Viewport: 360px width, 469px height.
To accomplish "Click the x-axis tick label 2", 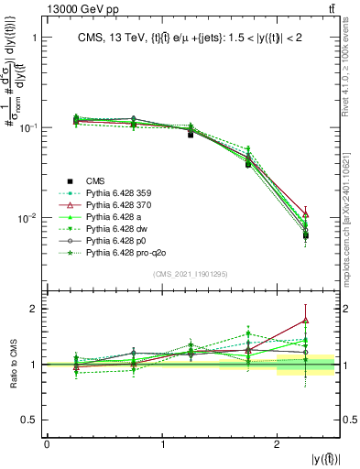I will click(x=278, y=444).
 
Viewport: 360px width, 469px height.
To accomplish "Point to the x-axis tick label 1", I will click(x=162, y=444).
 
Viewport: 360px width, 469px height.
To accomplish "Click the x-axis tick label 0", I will click(x=47, y=444).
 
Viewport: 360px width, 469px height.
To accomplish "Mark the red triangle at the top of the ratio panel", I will click(x=305, y=321).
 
